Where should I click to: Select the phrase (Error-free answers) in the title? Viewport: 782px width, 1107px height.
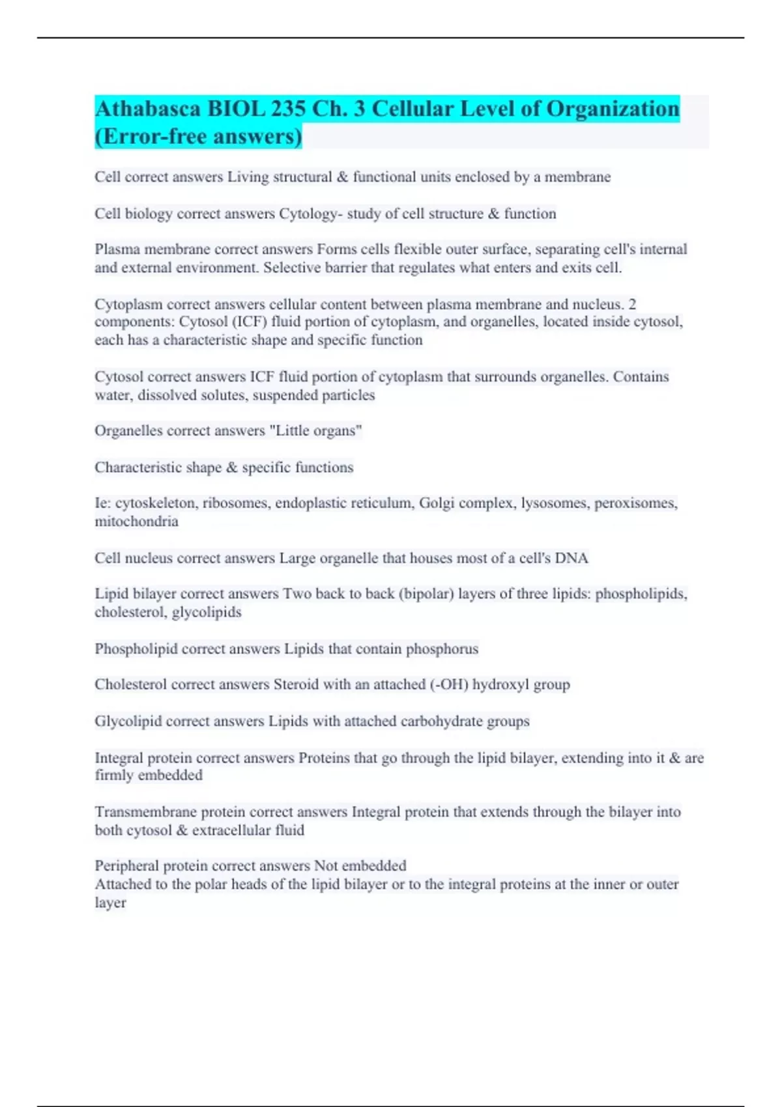tap(198, 137)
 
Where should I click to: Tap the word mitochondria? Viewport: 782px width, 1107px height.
tap(136, 522)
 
